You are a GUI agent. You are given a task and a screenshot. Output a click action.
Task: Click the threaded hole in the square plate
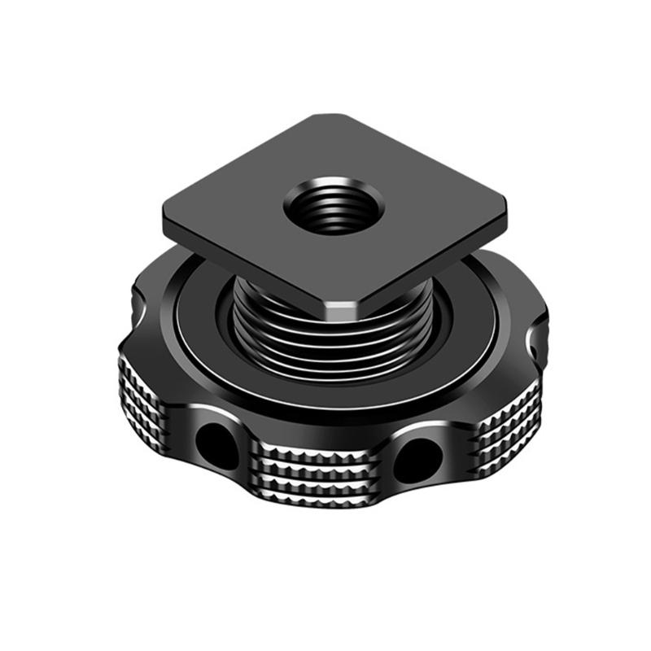tap(325, 205)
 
